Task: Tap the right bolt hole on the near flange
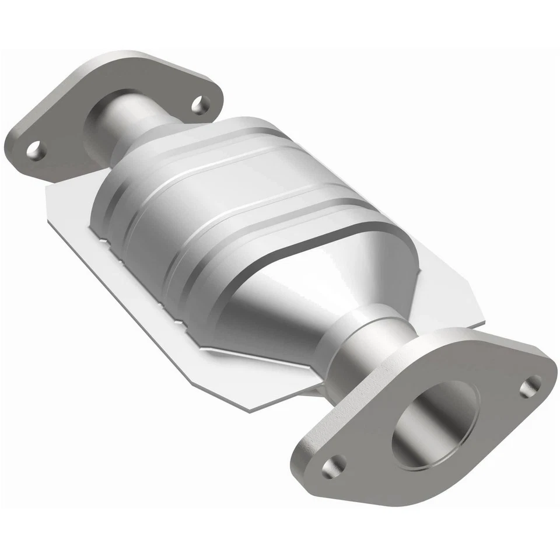(530, 386)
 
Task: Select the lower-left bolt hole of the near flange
(334, 464)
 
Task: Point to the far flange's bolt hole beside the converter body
(202, 104)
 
